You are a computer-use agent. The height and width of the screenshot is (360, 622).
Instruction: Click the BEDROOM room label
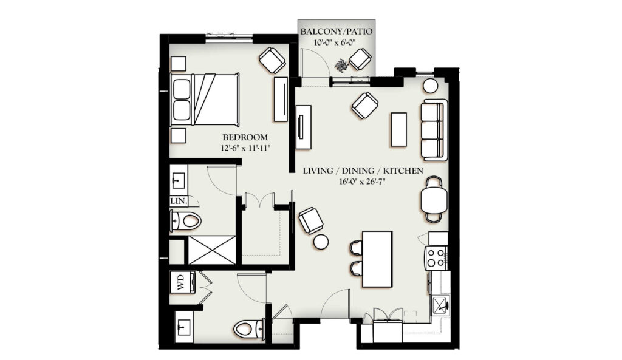pyautogui.click(x=245, y=137)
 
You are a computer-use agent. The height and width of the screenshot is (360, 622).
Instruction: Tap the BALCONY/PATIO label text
pyautogui.click(x=337, y=32)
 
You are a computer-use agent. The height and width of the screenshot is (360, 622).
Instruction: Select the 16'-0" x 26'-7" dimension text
pyautogui.click(x=363, y=182)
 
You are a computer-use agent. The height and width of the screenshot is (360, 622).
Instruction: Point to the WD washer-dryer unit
pyautogui.click(x=182, y=282)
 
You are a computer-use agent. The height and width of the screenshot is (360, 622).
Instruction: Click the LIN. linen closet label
pyautogui.click(x=179, y=201)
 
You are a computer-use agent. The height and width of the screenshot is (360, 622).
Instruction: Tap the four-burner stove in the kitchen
pyautogui.click(x=436, y=258)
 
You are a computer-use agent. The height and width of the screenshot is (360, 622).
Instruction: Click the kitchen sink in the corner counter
pyautogui.click(x=440, y=305)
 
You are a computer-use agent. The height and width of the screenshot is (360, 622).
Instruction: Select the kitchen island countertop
pyautogui.click(x=377, y=259)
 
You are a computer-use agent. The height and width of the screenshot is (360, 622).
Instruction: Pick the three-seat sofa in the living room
pyautogui.click(x=434, y=130)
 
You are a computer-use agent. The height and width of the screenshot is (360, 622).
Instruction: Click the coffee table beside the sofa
pyautogui.click(x=398, y=130)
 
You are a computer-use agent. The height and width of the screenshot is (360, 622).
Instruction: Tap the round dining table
pyautogui.click(x=434, y=200)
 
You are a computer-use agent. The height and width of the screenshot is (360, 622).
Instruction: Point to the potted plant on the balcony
pyautogui.click(x=341, y=64)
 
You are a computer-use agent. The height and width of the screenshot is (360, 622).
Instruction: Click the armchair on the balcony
pyautogui.click(x=360, y=59)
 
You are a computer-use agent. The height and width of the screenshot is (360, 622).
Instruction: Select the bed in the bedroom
pyautogui.click(x=205, y=100)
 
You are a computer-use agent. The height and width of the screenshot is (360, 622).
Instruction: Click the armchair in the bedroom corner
pyautogui.click(x=272, y=60)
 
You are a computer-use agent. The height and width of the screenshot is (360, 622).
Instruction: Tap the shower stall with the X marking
pyautogui.click(x=211, y=250)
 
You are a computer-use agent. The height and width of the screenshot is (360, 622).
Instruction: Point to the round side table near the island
pyautogui.click(x=321, y=242)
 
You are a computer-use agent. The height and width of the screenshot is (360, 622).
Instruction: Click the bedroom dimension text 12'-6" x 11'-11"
pyautogui.click(x=245, y=148)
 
